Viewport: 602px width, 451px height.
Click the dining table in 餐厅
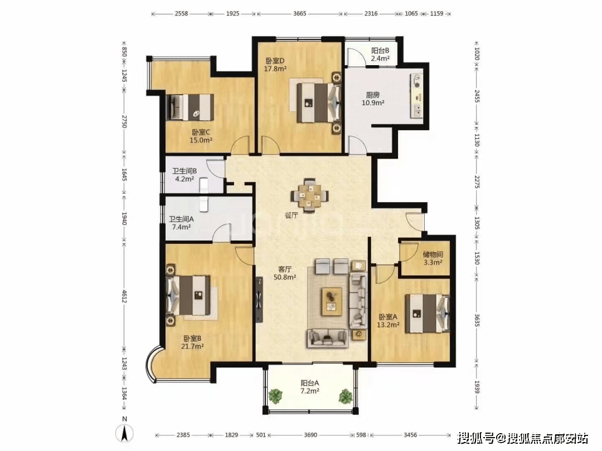point(309,195)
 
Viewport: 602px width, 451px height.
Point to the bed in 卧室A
point(427,313)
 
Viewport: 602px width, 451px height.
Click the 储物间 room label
point(433,254)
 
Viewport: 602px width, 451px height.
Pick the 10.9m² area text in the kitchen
point(373,103)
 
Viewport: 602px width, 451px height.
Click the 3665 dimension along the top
point(299,13)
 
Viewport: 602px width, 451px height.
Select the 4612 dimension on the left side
point(124,296)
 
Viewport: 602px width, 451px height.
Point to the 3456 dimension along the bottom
point(410,435)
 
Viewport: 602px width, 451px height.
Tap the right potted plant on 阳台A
point(345,396)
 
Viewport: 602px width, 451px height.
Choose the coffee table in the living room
point(332,301)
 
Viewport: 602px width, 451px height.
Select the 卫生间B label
point(185,171)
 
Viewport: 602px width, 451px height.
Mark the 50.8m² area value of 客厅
point(284,277)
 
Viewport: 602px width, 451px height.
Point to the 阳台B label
point(380,51)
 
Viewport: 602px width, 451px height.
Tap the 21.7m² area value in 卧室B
point(192,346)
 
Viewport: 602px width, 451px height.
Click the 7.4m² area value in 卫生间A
point(181,227)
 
